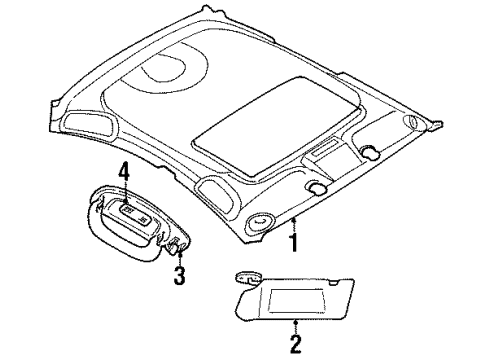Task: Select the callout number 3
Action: [179, 275]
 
